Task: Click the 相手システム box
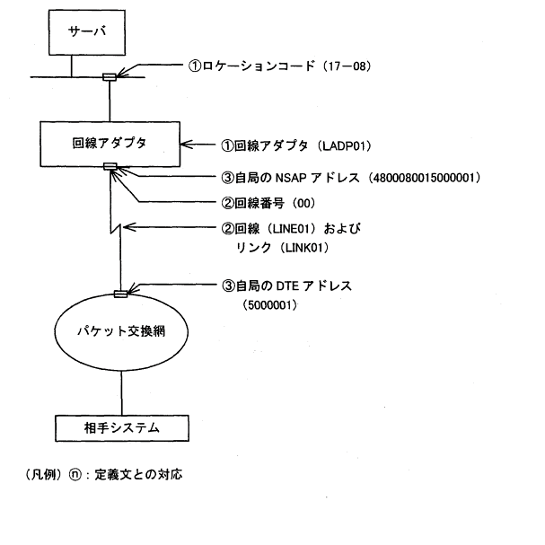pyautogui.click(x=122, y=427)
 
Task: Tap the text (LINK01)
pyautogui.click(x=305, y=246)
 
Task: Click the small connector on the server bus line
pyautogui.click(x=109, y=76)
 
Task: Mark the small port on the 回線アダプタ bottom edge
pyautogui.click(x=110, y=166)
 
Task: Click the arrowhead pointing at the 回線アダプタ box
pyautogui.click(x=184, y=144)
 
